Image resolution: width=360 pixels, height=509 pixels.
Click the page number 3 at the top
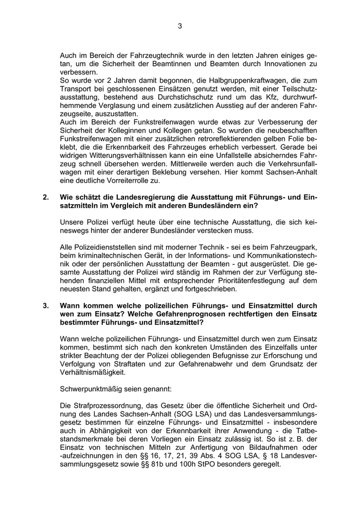pos(180,27)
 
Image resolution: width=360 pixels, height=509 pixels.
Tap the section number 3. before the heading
pos(46,305)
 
